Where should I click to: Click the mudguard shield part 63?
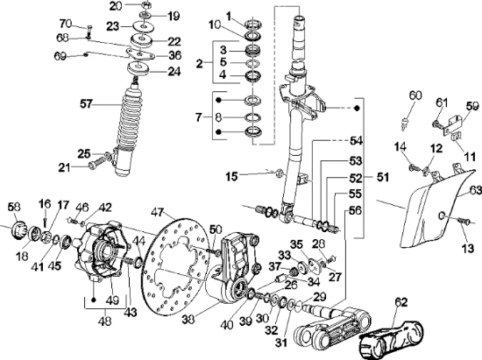point(440,208)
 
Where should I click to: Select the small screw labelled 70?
point(89,31)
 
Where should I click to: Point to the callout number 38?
point(189,320)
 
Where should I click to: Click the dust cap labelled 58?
point(18,229)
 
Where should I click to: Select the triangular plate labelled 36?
point(140,53)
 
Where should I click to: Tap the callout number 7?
point(200,117)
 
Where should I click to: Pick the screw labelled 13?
point(464,220)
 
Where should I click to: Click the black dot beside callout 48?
point(94,300)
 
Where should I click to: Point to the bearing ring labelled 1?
point(253,24)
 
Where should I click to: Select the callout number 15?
point(231,176)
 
